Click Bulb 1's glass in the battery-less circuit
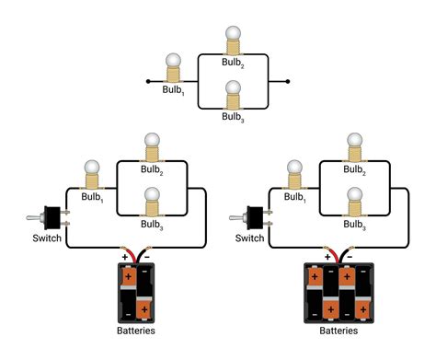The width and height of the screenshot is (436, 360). pyautogui.click(x=172, y=63)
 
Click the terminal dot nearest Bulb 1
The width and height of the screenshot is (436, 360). pyautogui.click(x=148, y=82)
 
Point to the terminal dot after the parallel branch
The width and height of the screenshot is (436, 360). pyautogui.click(x=290, y=82)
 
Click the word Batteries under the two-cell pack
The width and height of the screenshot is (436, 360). pyautogui.click(x=136, y=331)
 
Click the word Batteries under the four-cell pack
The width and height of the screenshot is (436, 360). pyautogui.click(x=338, y=331)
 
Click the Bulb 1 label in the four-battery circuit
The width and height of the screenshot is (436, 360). pyautogui.click(x=293, y=197)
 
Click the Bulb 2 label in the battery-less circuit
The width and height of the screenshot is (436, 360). pyautogui.click(x=234, y=64)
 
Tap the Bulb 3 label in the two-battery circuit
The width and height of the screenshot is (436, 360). pyautogui.click(x=152, y=225)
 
